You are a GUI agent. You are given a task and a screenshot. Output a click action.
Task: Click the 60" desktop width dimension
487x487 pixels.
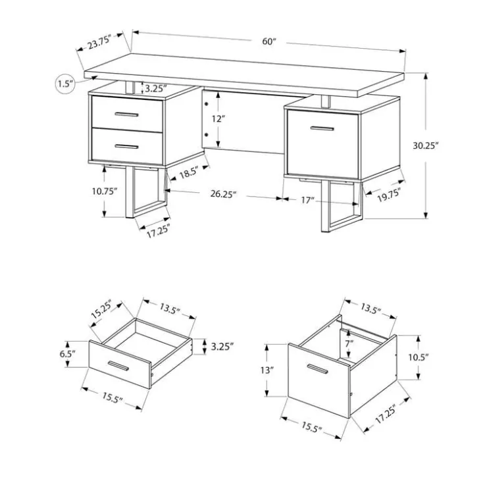point(269,41)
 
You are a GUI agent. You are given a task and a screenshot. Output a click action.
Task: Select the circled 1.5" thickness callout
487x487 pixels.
point(65,84)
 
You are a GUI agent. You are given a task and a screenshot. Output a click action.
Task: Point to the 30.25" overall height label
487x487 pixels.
point(425,145)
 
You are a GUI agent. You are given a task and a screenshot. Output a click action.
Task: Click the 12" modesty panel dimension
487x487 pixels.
point(218,118)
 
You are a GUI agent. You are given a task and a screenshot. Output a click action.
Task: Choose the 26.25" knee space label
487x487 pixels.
point(223,194)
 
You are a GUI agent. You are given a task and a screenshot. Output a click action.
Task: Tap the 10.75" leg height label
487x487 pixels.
point(105,191)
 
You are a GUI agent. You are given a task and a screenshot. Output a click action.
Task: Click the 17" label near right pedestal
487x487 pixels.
point(306,200)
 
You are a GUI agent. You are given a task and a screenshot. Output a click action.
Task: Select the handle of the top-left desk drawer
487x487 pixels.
point(126,115)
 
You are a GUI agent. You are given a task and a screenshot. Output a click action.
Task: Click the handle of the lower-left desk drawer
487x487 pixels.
point(126,147)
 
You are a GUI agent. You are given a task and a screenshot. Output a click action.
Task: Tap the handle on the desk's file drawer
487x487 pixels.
point(322,128)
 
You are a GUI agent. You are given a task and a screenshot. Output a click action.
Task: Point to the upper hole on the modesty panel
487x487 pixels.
point(206,104)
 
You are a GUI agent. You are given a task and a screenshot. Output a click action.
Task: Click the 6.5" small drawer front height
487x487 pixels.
point(67,354)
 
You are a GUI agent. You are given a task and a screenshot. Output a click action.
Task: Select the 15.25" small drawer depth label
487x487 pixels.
point(102,309)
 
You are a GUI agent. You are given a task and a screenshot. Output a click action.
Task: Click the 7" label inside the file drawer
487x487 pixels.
point(349,344)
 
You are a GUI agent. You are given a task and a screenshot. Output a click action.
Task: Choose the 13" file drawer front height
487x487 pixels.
point(267,371)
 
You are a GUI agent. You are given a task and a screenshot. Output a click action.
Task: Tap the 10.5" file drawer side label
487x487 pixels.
point(418,357)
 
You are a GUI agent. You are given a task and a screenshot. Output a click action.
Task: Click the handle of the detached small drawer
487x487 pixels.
point(118,366)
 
